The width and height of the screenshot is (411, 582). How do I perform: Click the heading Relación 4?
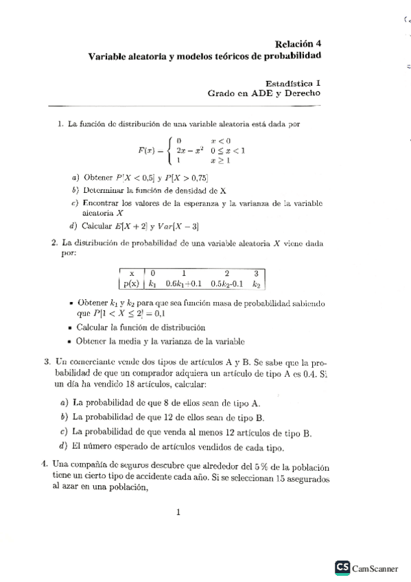click(x=298, y=43)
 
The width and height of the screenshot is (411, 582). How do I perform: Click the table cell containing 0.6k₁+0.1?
click(x=184, y=282)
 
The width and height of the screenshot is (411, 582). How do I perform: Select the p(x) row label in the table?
click(x=130, y=282)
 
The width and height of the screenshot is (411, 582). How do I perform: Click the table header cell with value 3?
click(x=257, y=272)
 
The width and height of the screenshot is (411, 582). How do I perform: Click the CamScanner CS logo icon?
click(x=342, y=567)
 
